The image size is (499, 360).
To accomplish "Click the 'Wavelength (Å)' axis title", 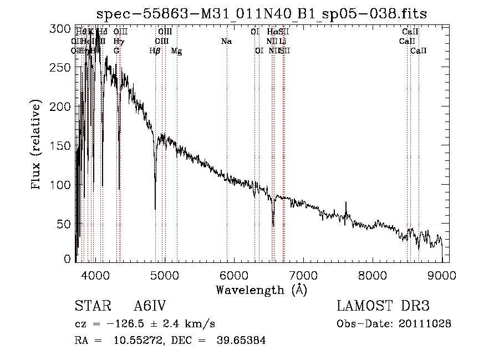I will (261, 290).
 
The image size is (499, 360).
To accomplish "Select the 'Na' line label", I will (226, 42).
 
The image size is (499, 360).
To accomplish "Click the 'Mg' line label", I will (176, 51).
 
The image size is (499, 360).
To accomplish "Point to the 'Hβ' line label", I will (155, 51).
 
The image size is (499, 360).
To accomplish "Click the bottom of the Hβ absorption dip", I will (155, 209).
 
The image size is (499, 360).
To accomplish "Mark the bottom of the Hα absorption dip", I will (273, 226).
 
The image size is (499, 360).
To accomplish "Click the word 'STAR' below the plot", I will (91, 307).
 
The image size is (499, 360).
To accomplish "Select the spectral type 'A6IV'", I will (150, 307).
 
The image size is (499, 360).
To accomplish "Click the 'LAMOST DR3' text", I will (383, 307).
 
